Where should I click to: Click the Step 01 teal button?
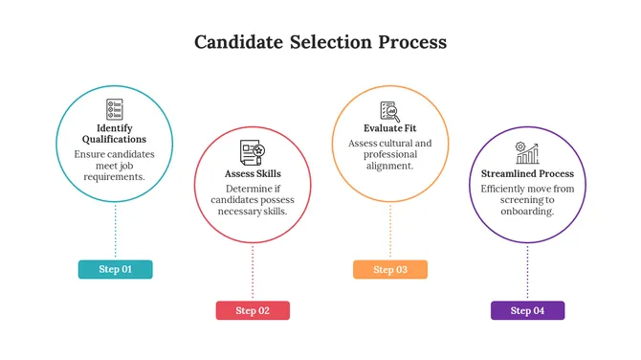tap(115, 269)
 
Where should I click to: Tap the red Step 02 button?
tap(253, 310)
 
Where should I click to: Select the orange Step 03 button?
tap(389, 269)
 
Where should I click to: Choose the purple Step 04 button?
tap(527, 310)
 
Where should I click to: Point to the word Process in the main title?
tap(409, 43)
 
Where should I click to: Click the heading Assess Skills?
tap(253, 174)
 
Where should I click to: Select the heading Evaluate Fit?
tap(389, 128)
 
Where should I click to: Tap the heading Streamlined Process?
tap(527, 174)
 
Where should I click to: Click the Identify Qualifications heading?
tap(115, 134)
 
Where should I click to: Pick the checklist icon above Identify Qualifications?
tap(115, 108)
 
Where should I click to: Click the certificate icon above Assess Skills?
tap(253, 152)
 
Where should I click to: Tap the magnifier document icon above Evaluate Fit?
tap(389, 110)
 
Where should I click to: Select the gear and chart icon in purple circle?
tap(527, 153)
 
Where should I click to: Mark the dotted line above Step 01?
tap(115, 230)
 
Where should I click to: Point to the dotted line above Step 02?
tap(253, 272)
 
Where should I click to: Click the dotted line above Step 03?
tap(389, 230)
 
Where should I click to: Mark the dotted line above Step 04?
tap(527, 272)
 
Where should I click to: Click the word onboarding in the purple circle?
tap(527, 211)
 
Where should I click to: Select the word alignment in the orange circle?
tap(389, 166)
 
